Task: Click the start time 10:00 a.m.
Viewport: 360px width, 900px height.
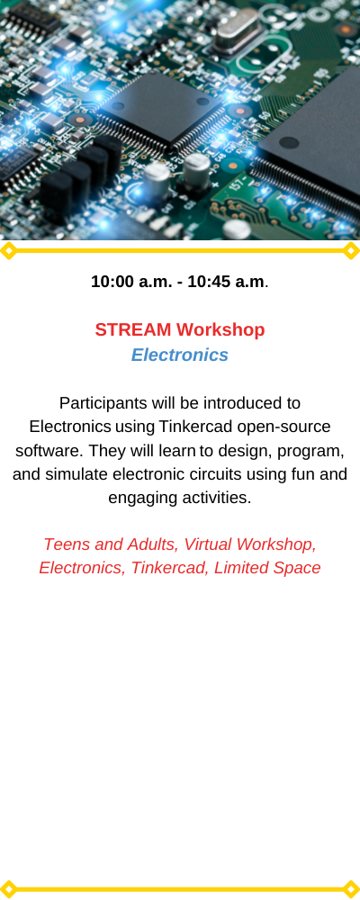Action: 130,282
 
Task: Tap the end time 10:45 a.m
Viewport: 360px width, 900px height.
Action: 226,282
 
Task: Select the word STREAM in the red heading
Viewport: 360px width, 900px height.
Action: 133,330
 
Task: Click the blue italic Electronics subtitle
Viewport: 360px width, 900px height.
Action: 180,355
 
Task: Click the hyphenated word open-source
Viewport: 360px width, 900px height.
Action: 283,427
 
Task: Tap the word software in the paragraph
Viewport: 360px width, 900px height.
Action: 49,451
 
